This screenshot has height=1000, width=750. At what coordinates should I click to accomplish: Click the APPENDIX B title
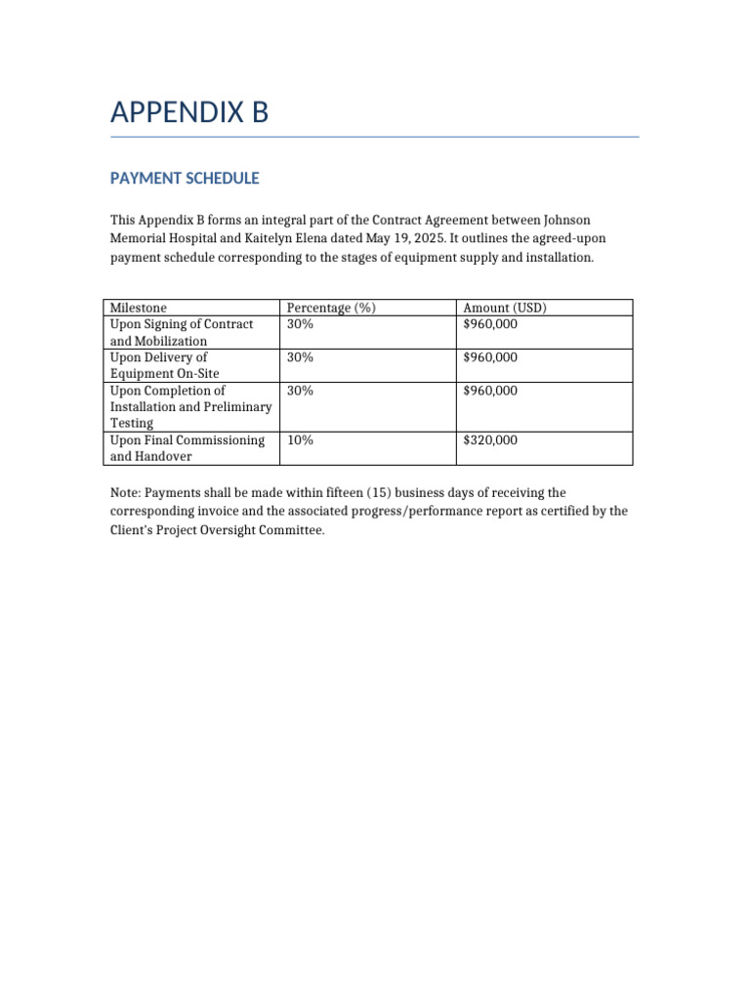click(x=189, y=113)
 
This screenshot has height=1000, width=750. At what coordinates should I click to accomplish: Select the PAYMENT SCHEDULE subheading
click(x=185, y=179)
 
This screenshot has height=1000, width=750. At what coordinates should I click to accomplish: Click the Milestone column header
click(x=139, y=308)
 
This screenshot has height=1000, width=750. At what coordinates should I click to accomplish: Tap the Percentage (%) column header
click(x=331, y=308)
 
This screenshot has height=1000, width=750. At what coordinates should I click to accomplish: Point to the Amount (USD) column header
click(x=504, y=308)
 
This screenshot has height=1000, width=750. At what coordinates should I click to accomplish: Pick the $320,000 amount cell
click(x=490, y=440)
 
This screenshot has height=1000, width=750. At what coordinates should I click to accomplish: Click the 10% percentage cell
click(x=300, y=440)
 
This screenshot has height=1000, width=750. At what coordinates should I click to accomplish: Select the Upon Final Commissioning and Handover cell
click(x=187, y=448)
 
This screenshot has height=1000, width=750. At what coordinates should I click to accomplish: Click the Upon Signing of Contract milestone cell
click(x=182, y=332)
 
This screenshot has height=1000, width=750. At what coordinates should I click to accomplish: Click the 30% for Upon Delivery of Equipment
click(x=300, y=357)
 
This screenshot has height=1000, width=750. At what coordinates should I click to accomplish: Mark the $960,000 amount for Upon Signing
click(x=490, y=324)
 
